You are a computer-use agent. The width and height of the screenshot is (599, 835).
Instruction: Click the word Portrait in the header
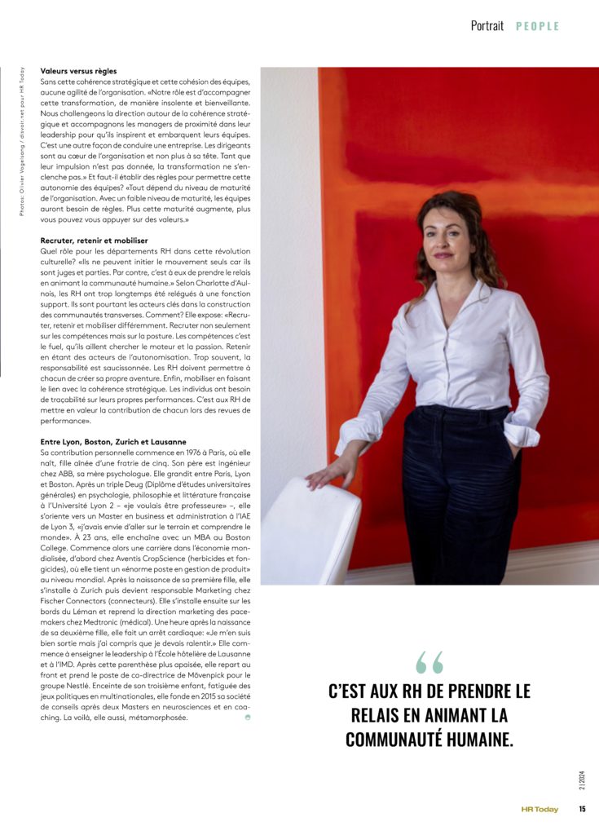click(487, 25)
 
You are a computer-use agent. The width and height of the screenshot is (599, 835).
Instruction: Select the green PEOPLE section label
click(537, 26)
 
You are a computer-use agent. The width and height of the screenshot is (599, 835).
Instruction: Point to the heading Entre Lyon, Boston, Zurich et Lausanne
click(113, 441)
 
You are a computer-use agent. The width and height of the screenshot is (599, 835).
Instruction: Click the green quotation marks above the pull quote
click(429, 662)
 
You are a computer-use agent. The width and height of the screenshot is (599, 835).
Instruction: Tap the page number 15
click(583, 809)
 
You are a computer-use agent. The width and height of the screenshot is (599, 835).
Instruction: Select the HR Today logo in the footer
click(540, 809)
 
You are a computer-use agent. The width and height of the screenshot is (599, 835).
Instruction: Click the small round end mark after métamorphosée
click(248, 718)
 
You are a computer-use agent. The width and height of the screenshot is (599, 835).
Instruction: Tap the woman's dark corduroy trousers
click(456, 497)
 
